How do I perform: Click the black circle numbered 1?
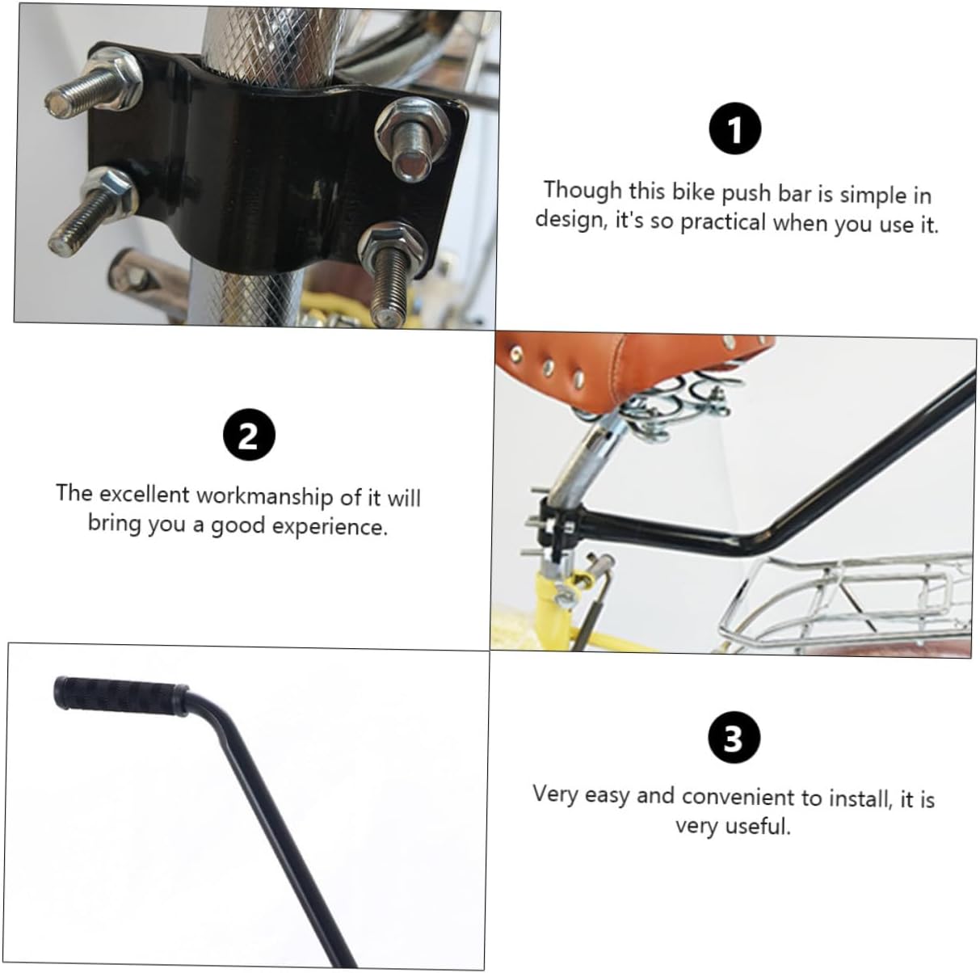click(x=734, y=131)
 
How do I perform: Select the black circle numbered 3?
click(x=733, y=739)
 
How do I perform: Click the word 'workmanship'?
click(x=265, y=495)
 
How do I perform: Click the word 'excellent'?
click(x=145, y=494)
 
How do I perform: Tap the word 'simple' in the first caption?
click(x=872, y=195)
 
